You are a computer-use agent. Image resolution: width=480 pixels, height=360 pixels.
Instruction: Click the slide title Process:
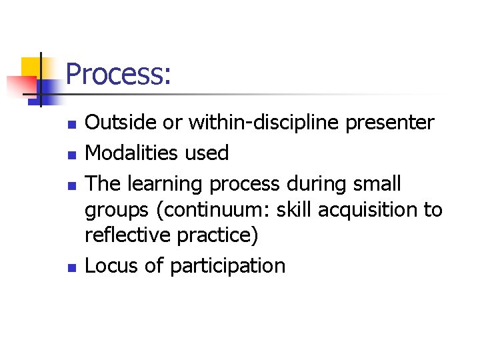119,74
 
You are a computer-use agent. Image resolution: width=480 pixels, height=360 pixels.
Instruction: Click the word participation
227,266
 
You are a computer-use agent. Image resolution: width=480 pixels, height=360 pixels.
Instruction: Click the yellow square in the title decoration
32,69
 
